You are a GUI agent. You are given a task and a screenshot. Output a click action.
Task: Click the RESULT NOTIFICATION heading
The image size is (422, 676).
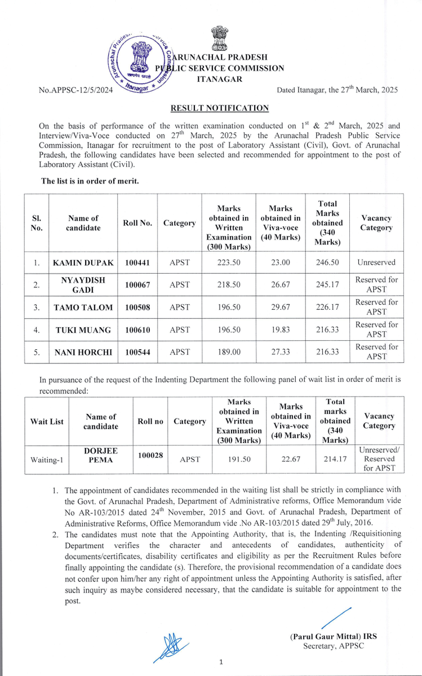(220, 108)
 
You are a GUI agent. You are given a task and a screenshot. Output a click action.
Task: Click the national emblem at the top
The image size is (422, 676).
(219, 38)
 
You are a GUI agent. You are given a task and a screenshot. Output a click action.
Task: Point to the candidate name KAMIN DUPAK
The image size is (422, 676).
(83, 263)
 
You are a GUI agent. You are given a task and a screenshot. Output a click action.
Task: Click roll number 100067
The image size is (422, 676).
(137, 285)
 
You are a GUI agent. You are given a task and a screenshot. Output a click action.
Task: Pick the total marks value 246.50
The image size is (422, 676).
(329, 263)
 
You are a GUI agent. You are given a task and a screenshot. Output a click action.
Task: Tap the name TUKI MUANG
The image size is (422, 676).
(83, 330)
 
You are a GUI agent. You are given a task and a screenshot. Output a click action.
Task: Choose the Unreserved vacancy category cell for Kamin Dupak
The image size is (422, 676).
(376, 263)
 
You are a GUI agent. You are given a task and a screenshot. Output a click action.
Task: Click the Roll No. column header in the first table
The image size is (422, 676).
(137, 223)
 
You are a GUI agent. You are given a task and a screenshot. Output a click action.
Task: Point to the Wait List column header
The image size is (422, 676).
(46, 421)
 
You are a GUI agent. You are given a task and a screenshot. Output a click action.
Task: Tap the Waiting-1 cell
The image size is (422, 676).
(46, 460)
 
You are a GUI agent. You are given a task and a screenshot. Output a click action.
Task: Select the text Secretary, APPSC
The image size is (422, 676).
(334, 646)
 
